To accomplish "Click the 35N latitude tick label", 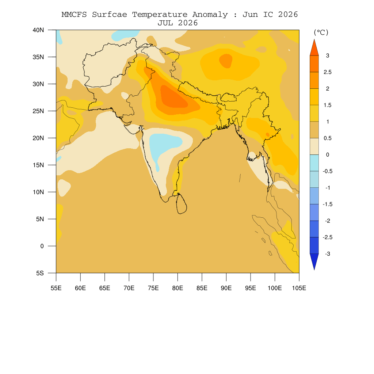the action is click(x=38, y=57).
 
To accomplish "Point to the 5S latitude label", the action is click(x=40, y=273).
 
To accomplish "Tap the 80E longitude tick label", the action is click(x=178, y=288).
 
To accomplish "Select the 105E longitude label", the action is click(x=299, y=288).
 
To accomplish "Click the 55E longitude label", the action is click(x=56, y=288).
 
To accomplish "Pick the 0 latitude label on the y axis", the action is click(x=42, y=246).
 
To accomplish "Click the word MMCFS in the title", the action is click(x=74, y=15).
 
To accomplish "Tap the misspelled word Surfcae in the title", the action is click(x=110, y=15).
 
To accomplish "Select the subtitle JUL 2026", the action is click(x=178, y=23).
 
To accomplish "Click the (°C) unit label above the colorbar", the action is click(x=321, y=32).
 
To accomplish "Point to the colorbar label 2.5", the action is click(x=328, y=72).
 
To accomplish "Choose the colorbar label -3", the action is click(x=328, y=254).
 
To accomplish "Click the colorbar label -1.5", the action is click(x=328, y=204).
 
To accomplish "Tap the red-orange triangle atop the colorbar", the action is click(x=314, y=47).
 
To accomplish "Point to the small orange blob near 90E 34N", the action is click(x=226, y=61).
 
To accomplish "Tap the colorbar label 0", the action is click(x=328, y=154).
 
